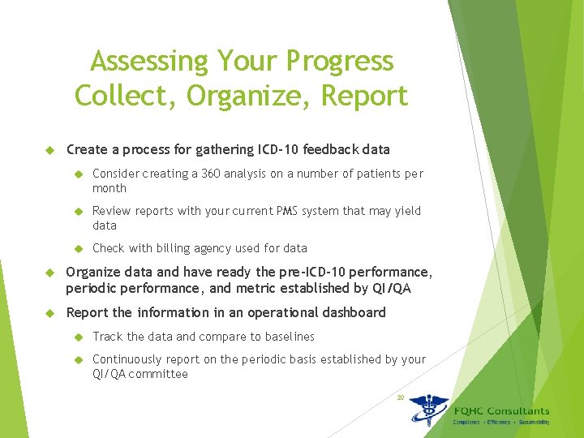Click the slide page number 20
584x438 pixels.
click(x=400, y=397)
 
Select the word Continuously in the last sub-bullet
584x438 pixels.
click(x=127, y=359)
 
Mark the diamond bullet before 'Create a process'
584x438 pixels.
click(x=48, y=150)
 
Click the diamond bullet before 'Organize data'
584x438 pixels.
click(x=48, y=273)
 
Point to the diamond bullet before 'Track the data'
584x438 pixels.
click(x=79, y=337)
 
